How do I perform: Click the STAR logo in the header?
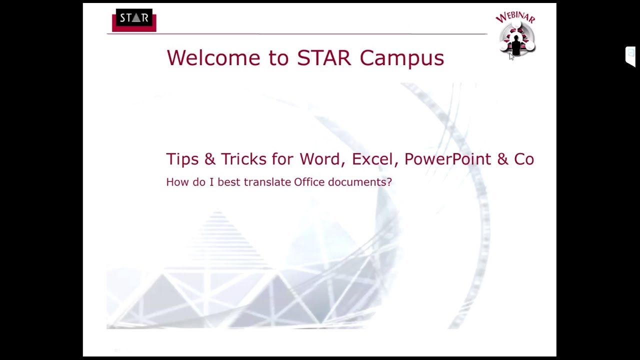[134, 20]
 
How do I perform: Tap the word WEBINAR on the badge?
[515, 17]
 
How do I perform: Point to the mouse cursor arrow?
[511, 56]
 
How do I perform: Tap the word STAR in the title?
[324, 58]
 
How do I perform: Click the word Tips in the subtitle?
[182, 159]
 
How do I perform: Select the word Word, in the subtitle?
[323, 159]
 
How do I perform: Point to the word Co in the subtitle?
[524, 159]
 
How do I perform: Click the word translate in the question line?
[267, 182]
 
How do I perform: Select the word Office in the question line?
[309, 182]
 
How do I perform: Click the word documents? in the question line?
[360, 182]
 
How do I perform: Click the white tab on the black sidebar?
[630, 56]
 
